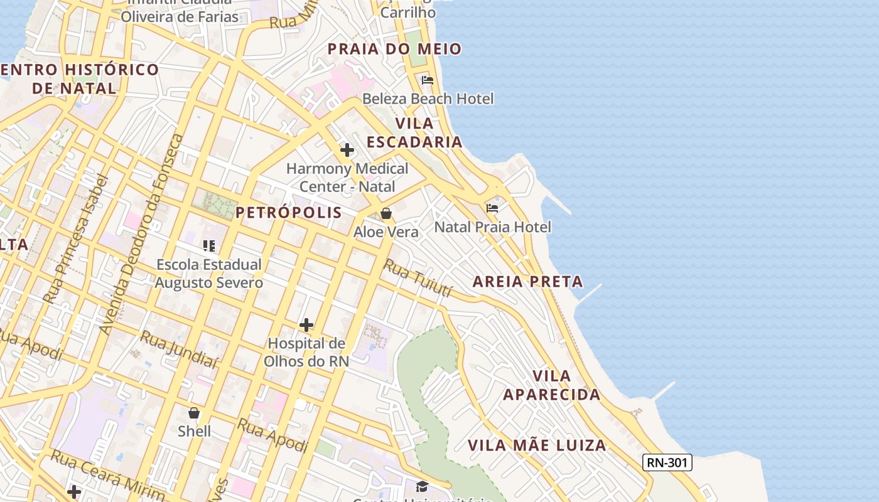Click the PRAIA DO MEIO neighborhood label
tap(394, 49)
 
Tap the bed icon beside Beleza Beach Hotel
tap(428, 80)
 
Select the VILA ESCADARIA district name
tap(414, 132)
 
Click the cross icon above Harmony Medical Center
tap(347, 150)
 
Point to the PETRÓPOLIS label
tap(289, 213)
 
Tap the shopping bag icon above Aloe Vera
tap(386, 214)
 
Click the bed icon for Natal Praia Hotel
tap(492, 208)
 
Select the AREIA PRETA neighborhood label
tap(527, 281)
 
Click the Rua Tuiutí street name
tap(418, 278)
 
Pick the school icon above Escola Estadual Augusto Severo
tap(209, 246)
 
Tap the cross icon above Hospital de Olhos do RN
tap(306, 325)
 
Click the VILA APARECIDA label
tap(552, 385)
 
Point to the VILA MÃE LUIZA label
tap(537, 446)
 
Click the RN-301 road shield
tap(667, 463)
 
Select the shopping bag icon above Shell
tap(194, 413)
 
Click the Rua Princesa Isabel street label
tap(76, 238)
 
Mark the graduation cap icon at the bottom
tap(422, 486)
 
